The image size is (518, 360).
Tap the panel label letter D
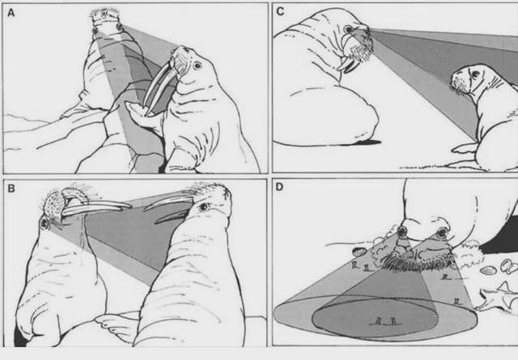pyautogui.click(x=280, y=187)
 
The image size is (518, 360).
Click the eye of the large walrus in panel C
pyautogui.click(x=350, y=30)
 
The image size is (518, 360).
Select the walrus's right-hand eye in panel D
pyautogui.click(x=440, y=234)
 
